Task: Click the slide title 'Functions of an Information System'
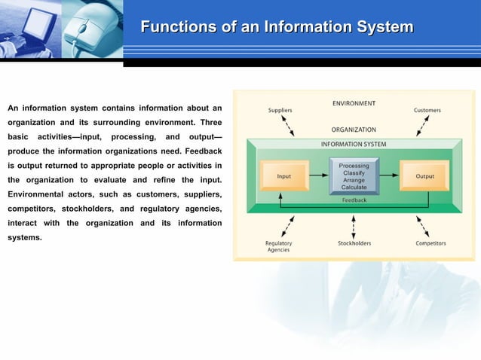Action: [x=277, y=28]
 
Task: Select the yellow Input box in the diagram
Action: [x=284, y=176]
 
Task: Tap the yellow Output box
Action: [x=424, y=176]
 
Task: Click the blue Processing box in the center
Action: [x=354, y=176]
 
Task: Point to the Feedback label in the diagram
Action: [x=354, y=200]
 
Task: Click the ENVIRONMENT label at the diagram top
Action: [x=354, y=102]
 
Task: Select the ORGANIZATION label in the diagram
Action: [x=354, y=130]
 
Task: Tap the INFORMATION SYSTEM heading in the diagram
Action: [x=354, y=144]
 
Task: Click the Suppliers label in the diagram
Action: [x=280, y=110]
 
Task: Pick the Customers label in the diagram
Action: [x=427, y=110]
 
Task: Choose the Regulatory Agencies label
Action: [x=278, y=246]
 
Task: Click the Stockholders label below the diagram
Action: [x=354, y=243]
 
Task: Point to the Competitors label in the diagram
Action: [x=430, y=243]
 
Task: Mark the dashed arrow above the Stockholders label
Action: [x=354, y=226]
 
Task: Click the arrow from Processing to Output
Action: [x=389, y=176]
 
